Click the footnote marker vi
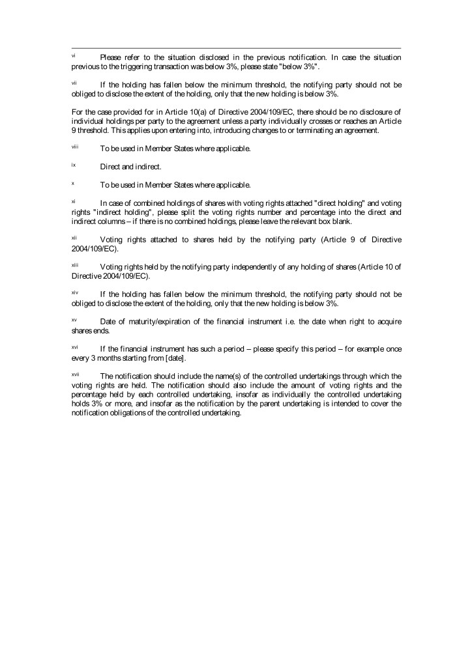(73, 56)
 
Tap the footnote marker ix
(73, 165)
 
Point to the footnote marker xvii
(75, 375)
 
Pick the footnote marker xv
(74, 320)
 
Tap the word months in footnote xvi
(103, 359)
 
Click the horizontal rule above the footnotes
(236, 48)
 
